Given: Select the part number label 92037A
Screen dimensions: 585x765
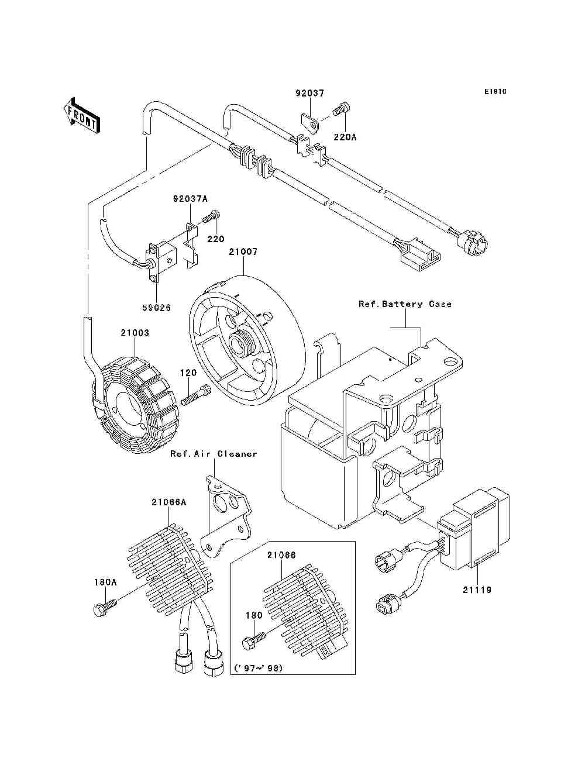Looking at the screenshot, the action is (x=190, y=199).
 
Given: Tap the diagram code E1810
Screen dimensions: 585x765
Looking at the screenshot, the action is (x=495, y=92).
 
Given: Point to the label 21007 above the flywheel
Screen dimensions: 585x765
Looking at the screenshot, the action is (x=243, y=251).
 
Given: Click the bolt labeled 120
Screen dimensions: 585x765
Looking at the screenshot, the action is (x=196, y=395).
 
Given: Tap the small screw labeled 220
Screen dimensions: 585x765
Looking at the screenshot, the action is (x=211, y=217).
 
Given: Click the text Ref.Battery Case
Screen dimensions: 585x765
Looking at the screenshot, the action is (x=405, y=304).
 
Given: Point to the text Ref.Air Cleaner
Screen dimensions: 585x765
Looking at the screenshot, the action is (x=214, y=454).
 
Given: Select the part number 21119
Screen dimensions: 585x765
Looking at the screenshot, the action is (x=477, y=590).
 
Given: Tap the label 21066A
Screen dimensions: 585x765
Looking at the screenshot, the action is (x=168, y=502).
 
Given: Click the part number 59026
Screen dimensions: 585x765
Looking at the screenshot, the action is (x=157, y=308).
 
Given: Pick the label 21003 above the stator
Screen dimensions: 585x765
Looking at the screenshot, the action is (x=135, y=333).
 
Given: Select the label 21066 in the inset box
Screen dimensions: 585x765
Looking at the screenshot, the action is (x=281, y=555).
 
